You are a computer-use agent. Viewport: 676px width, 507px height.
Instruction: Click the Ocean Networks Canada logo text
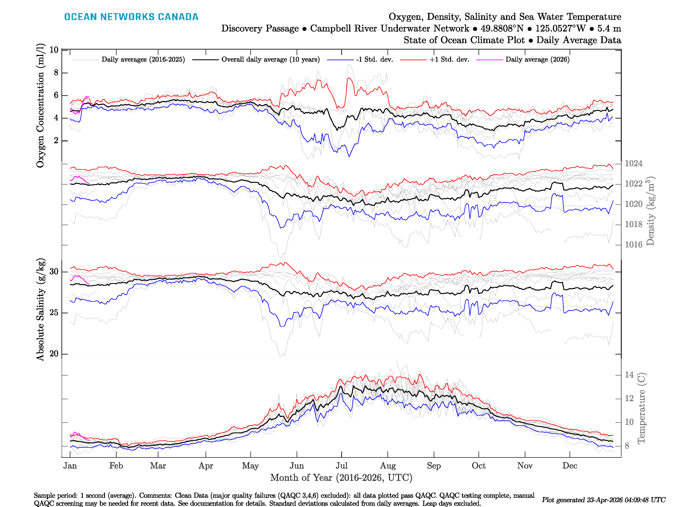click(x=131, y=17)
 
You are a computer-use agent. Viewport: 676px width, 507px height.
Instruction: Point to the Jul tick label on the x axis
click(x=341, y=466)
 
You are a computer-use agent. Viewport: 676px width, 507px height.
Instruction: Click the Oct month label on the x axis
click(x=478, y=466)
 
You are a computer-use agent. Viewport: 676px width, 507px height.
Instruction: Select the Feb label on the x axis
click(x=116, y=466)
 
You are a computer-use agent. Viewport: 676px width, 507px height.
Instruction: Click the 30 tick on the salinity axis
click(x=54, y=271)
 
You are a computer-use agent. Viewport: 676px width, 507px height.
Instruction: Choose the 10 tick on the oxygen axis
click(x=54, y=50)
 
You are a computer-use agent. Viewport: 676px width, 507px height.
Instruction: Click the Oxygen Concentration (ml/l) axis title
click(x=40, y=105)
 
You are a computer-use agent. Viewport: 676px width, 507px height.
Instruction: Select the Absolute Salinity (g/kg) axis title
click(x=40, y=309)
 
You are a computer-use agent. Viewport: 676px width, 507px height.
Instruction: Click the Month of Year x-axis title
click(x=341, y=478)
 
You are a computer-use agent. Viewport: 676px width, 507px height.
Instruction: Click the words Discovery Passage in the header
click(x=260, y=29)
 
